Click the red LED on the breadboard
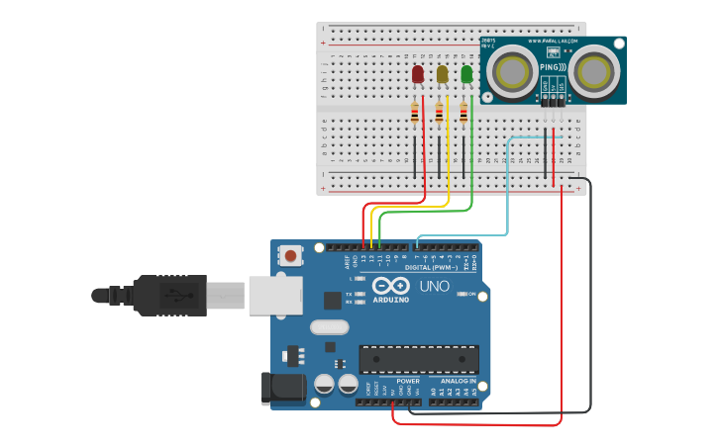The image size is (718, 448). (x=418, y=74)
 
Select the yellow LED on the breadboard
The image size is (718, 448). (x=442, y=74)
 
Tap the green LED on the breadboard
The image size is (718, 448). (x=466, y=74)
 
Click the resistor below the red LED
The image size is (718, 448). (x=415, y=115)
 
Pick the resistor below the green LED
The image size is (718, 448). (x=463, y=115)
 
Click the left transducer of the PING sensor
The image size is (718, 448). (x=512, y=71)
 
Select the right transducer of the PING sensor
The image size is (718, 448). (x=593, y=71)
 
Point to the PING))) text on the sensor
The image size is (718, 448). (x=553, y=68)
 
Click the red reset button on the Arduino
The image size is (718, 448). (x=290, y=256)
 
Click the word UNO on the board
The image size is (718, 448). (x=434, y=286)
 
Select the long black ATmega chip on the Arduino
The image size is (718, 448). (x=419, y=359)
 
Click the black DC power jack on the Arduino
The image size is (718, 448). (x=281, y=389)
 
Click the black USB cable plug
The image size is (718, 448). (x=169, y=295)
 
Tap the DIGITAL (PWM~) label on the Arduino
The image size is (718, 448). (x=432, y=268)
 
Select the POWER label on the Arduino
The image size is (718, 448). (x=407, y=381)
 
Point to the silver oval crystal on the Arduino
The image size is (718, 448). (x=329, y=327)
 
